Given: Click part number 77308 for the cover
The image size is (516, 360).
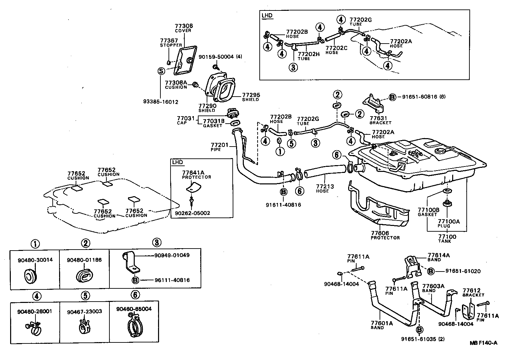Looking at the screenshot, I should coord(183,26).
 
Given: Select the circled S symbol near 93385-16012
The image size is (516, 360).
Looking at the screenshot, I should coord(161,71).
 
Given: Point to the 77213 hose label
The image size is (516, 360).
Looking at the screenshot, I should coord(323,186).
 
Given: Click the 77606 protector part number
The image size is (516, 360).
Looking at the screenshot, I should coord(380,233).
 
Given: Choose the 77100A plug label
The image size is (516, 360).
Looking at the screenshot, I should coord(449,222).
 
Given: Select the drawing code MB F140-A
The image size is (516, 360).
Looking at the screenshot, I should coord(484,343).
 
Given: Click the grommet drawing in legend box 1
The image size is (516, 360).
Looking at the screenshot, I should coord(30,275).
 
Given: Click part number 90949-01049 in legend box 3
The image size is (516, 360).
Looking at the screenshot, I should coord(172,255).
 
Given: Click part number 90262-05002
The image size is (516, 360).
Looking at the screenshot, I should coord(192,213).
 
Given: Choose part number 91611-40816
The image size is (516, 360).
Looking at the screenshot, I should coord(283,205).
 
